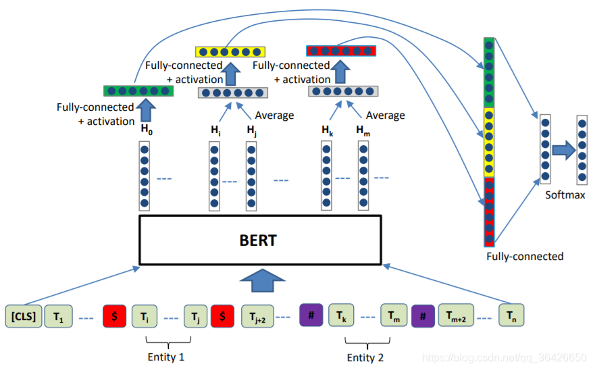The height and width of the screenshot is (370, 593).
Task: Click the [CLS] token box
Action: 23,315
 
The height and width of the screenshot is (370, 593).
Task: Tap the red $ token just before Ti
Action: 114,315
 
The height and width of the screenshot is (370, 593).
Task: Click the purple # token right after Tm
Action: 422,315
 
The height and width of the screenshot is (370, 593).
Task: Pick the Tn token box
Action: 511,315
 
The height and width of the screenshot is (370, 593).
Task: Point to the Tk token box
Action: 341,315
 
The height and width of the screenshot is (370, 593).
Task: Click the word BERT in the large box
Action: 259,240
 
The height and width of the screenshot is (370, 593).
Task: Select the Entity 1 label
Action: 165,355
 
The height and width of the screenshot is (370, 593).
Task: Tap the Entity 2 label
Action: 365,355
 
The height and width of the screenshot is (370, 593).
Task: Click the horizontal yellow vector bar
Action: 230,51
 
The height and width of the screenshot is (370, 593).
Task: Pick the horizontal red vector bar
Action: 341,51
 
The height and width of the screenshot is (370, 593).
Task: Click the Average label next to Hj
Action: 274,115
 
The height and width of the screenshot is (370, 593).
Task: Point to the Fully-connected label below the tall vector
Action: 524,256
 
